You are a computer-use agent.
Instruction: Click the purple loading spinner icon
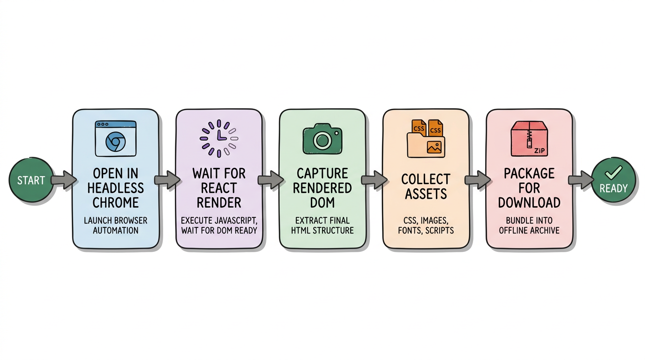(x=219, y=138)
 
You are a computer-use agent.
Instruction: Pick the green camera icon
(x=322, y=139)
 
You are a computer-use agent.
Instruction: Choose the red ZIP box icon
(x=529, y=138)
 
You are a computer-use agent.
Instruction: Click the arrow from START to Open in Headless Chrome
(x=63, y=180)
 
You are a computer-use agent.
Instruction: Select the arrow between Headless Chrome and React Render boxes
(x=166, y=180)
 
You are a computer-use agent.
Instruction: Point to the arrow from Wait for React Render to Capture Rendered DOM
(x=270, y=180)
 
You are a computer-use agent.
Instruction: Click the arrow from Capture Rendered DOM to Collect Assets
(x=374, y=180)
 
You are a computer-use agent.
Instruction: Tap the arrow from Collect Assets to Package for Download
(x=477, y=180)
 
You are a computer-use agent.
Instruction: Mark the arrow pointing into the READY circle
(x=580, y=180)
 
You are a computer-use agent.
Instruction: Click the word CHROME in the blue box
(x=115, y=202)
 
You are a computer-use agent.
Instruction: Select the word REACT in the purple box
(x=218, y=188)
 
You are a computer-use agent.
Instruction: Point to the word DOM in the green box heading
(x=322, y=202)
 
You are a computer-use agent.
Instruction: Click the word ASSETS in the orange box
(x=426, y=194)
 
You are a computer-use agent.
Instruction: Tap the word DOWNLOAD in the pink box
(x=529, y=202)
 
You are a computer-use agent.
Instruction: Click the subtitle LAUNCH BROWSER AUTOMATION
(x=115, y=225)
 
